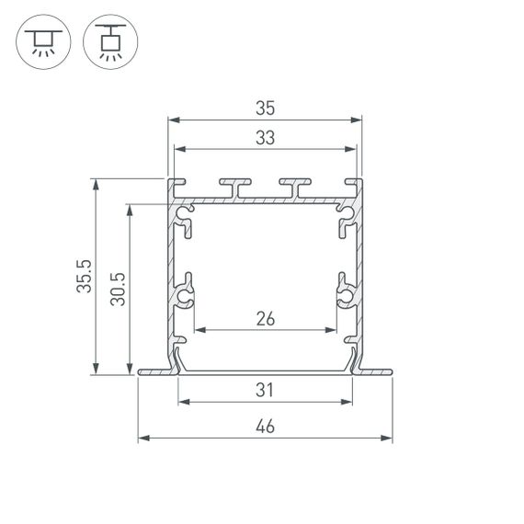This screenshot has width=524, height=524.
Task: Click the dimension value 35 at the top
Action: click(x=265, y=108)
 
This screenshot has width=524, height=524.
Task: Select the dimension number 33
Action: click(x=265, y=138)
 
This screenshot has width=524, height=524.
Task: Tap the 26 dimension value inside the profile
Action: click(x=265, y=319)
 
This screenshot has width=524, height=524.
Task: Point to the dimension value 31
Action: click(x=265, y=391)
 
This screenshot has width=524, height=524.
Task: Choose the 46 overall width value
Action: click(x=265, y=427)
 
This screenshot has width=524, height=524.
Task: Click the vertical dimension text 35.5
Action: click(x=85, y=277)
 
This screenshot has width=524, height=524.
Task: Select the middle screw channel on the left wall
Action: click(x=186, y=294)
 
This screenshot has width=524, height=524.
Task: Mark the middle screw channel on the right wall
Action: click(x=345, y=294)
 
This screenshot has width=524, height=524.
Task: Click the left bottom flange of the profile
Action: click(x=154, y=372)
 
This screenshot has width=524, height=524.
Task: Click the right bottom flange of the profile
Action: click(x=375, y=372)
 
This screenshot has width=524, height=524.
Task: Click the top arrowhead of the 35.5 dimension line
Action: click(x=96, y=183)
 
